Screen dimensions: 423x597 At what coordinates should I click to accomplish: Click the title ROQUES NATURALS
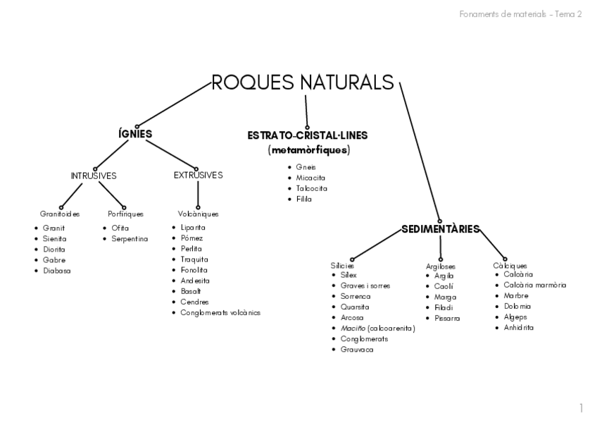pyautogui.click(x=303, y=82)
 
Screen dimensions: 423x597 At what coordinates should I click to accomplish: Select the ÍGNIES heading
pyautogui.click(x=135, y=134)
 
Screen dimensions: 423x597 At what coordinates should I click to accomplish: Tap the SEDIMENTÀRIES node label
pyautogui.click(x=441, y=228)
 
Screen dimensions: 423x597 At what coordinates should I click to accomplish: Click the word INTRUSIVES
pyautogui.click(x=94, y=176)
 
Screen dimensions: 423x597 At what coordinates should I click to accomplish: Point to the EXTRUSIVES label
pyautogui.click(x=198, y=175)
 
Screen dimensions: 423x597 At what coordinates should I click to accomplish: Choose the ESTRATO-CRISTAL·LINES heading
pyautogui.click(x=308, y=135)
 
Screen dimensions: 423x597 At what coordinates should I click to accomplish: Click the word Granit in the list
pyautogui.click(x=54, y=228)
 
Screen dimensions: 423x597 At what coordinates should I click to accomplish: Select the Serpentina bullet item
pyautogui.click(x=130, y=239)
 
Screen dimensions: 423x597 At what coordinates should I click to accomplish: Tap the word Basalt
pyautogui.click(x=191, y=291)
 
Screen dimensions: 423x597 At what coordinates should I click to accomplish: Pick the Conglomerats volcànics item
pyautogui.click(x=220, y=312)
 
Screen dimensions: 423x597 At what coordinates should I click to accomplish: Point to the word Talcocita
pyautogui.click(x=312, y=188)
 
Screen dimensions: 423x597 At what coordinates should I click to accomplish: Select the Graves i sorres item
pyautogui.click(x=365, y=286)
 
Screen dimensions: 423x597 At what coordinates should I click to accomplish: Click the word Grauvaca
pyautogui.click(x=357, y=350)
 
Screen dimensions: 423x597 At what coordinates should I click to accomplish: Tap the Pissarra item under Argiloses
pyautogui.click(x=447, y=318)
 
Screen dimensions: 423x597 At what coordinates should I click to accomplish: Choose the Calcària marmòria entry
pyautogui.click(x=535, y=285)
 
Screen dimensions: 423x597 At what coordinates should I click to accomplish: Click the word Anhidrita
pyautogui.click(x=519, y=327)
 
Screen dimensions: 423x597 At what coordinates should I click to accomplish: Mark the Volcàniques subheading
pyautogui.click(x=199, y=214)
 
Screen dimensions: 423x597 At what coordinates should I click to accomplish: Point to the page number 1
pyautogui.click(x=581, y=408)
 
